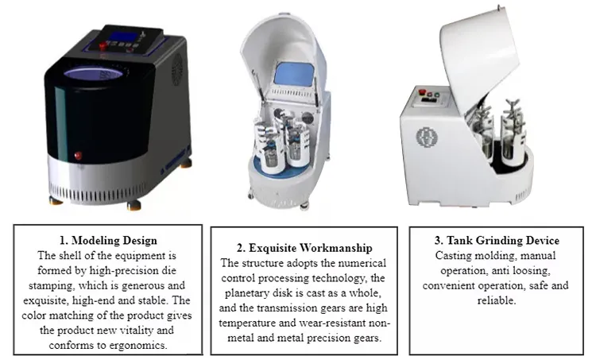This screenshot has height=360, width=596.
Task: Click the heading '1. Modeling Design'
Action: [108, 240]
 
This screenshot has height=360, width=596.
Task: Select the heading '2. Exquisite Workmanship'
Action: [304, 248]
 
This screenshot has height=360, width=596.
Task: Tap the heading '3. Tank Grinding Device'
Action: [497, 240]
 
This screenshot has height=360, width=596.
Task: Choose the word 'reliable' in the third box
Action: [496, 300]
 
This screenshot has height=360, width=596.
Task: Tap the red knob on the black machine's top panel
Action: [103, 46]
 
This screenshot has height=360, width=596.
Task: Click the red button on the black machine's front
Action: [79, 156]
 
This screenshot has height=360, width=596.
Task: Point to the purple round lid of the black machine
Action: [94, 73]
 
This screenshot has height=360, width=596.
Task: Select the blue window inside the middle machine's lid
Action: [294, 74]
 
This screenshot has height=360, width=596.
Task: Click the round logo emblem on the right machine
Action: [427, 137]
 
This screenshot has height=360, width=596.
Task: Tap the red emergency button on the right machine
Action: [422, 92]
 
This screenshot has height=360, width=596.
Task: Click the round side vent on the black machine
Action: [177, 70]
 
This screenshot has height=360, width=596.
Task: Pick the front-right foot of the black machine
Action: [134, 206]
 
